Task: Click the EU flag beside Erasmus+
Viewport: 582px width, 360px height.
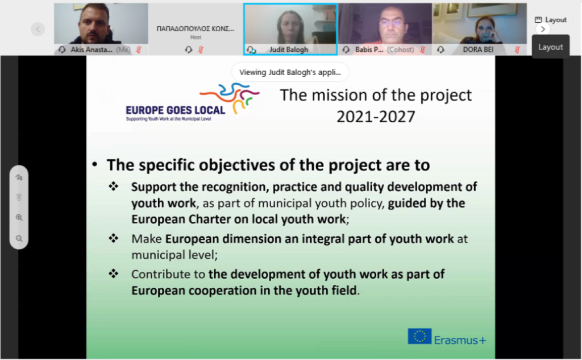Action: pos(419,336)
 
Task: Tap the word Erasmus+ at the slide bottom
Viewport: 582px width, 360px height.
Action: pos(460,340)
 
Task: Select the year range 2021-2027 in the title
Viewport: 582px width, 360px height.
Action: pos(376,117)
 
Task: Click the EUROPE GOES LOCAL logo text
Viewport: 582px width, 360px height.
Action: pos(176,110)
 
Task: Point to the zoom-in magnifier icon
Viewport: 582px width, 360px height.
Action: pos(19,217)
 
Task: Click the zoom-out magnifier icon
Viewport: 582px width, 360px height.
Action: pos(19,238)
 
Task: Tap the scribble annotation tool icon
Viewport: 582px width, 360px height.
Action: pos(19,177)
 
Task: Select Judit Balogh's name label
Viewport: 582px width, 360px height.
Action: pos(288,49)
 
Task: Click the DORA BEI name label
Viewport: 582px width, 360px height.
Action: pos(478,49)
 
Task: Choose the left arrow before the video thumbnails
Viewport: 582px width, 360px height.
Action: pos(38,29)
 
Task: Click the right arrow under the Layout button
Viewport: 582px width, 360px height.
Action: pos(543,30)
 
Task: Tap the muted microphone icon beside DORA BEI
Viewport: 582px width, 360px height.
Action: pos(517,49)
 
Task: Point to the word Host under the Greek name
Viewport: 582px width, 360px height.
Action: pos(196,37)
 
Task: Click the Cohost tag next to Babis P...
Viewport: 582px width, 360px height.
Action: pos(400,49)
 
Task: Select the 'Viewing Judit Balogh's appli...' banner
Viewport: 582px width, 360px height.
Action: pos(290,72)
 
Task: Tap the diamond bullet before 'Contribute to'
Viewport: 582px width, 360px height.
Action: pos(114,274)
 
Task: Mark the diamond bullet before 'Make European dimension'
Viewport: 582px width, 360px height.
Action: pos(114,238)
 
